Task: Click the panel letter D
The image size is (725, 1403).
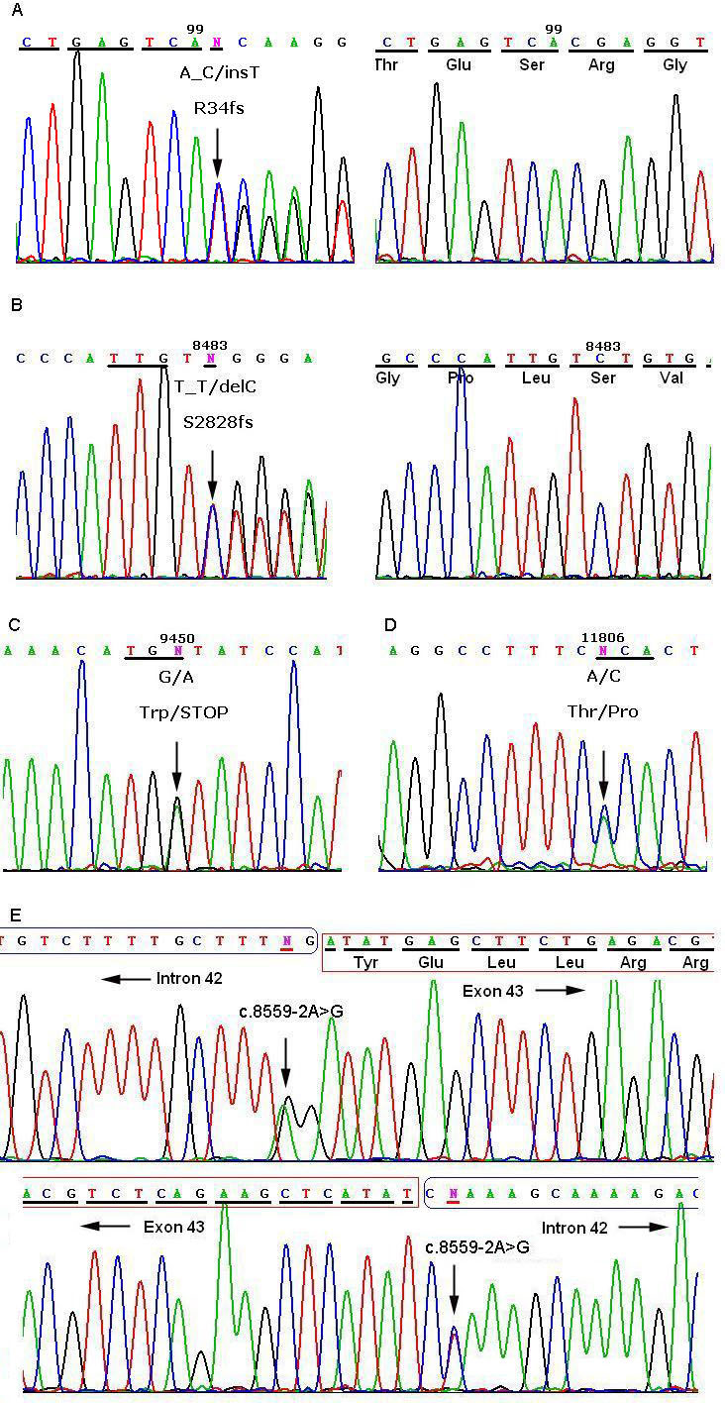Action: click(x=389, y=625)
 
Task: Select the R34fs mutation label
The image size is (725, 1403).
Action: click(x=218, y=109)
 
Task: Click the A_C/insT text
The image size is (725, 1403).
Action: click(x=218, y=72)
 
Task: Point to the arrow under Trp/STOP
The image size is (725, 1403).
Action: click(x=176, y=765)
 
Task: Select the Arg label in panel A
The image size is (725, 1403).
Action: click(x=601, y=65)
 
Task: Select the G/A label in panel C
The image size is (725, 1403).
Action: click(x=177, y=676)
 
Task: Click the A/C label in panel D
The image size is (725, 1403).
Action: click(x=602, y=676)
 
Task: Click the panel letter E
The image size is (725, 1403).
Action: click(x=15, y=912)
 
